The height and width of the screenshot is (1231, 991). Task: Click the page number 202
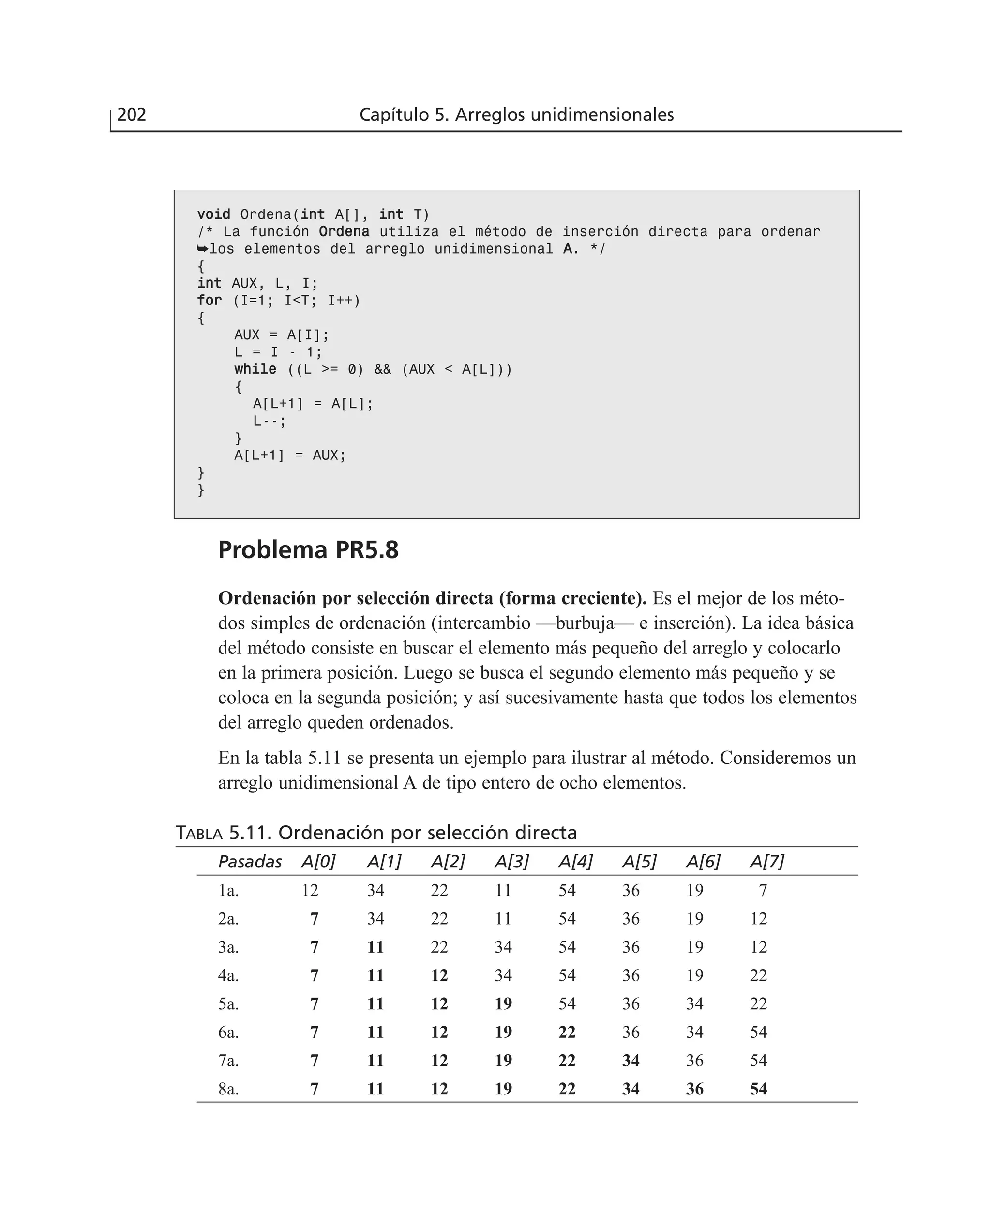(131, 115)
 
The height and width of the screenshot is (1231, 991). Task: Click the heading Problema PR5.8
(308, 550)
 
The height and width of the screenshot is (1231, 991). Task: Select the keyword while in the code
(255, 369)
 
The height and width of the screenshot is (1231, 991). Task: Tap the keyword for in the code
(209, 300)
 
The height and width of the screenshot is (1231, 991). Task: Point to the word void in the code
(213, 214)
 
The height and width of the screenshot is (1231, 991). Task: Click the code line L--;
(270, 421)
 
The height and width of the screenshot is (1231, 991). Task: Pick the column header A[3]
(511, 862)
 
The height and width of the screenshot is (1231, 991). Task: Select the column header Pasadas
(250, 862)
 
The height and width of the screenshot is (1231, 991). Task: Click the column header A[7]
(766, 862)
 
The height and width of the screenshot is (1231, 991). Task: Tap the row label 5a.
(228, 1004)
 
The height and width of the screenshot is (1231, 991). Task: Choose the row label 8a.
(228, 1089)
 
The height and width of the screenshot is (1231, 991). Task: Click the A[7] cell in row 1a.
(763, 890)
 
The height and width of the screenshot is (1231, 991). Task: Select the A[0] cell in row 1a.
(310, 890)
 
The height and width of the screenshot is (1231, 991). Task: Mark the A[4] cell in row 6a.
(567, 1033)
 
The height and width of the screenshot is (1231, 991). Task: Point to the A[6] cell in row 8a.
(695, 1089)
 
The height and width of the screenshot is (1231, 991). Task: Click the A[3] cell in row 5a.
(503, 1004)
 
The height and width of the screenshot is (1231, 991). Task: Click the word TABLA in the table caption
(199, 834)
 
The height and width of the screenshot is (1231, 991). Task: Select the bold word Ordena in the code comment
(344, 232)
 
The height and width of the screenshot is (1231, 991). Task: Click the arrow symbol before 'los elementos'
(203, 249)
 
